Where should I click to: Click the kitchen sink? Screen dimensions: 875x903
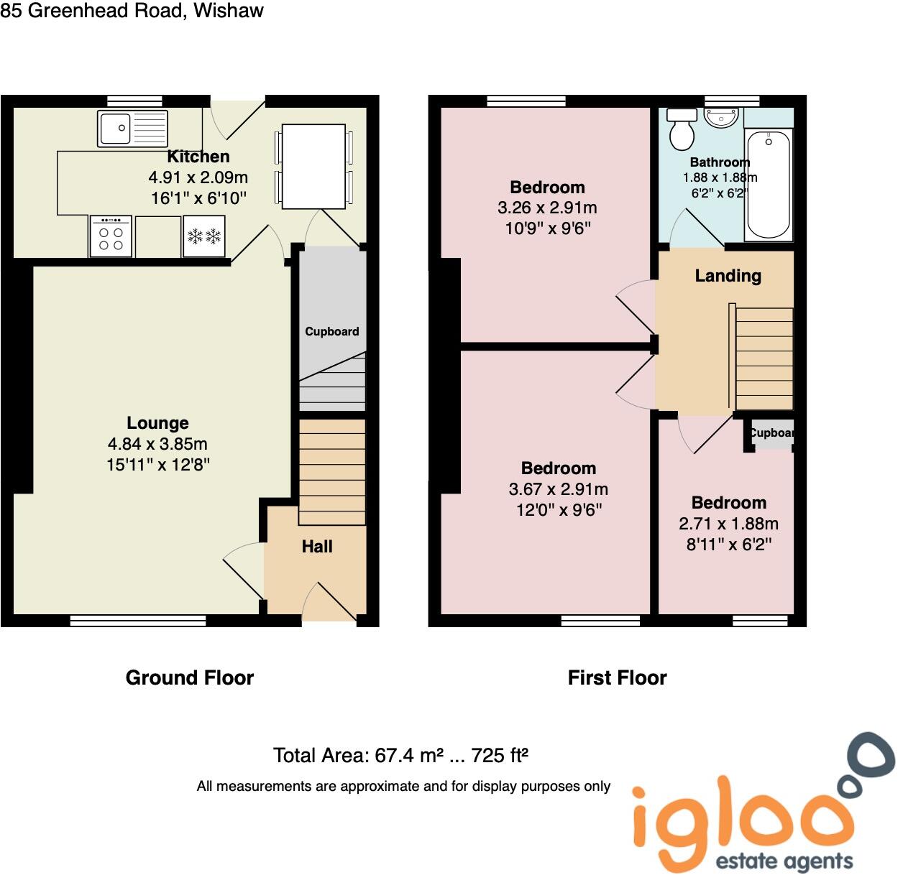point(132,129)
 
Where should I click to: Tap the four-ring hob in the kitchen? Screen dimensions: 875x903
point(111,236)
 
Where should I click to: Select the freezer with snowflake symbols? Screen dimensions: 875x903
point(204,236)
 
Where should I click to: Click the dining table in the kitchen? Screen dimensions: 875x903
point(313,166)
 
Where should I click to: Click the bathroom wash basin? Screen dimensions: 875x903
point(721,117)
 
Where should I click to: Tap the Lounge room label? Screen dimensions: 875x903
point(157,423)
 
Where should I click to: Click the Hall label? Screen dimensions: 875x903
point(316,547)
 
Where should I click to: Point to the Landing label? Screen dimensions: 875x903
point(728,276)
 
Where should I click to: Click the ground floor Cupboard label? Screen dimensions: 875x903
point(331,331)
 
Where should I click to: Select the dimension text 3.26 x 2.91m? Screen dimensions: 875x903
point(547,208)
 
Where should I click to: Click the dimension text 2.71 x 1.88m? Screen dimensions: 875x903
point(728,524)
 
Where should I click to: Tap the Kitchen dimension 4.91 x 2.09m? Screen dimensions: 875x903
point(198,177)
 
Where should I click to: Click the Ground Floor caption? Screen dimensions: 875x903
point(190,677)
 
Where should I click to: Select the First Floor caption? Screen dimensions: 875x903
point(617,677)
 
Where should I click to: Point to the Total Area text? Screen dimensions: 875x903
point(400,755)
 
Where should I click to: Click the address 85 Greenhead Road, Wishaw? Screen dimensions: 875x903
point(132,11)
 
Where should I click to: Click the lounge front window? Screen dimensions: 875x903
point(138,620)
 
